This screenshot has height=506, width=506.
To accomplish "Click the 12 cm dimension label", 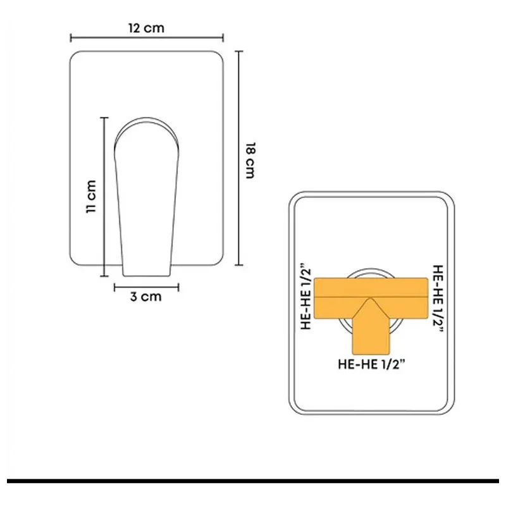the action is (x=147, y=28).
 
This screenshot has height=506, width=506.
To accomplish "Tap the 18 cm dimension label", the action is (x=250, y=161).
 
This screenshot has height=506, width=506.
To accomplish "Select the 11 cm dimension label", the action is (x=91, y=196).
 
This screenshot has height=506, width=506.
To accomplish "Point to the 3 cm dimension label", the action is (x=146, y=297).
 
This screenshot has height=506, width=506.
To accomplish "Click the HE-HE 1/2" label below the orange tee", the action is (x=371, y=364).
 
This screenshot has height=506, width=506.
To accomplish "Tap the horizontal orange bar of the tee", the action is (x=371, y=297).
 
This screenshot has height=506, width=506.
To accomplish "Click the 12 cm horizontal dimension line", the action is (x=147, y=38).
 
